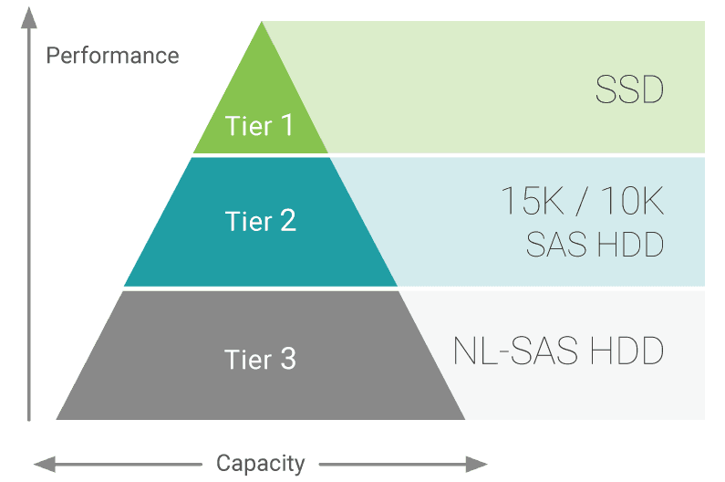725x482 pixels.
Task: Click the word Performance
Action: (x=112, y=56)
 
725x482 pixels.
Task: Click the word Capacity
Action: (x=260, y=463)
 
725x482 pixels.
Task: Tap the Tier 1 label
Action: (x=260, y=125)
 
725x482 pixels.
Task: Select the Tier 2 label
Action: (x=260, y=221)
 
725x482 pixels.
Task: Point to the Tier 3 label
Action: (x=260, y=359)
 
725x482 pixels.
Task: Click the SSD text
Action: (x=628, y=91)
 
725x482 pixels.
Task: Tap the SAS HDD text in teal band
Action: (x=595, y=245)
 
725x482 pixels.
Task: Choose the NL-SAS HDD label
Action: (x=558, y=351)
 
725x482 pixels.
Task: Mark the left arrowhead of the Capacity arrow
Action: (x=42, y=464)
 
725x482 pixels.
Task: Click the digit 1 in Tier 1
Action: (x=287, y=125)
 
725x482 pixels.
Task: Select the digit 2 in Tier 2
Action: (x=287, y=221)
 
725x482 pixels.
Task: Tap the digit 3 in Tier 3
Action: (x=287, y=359)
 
